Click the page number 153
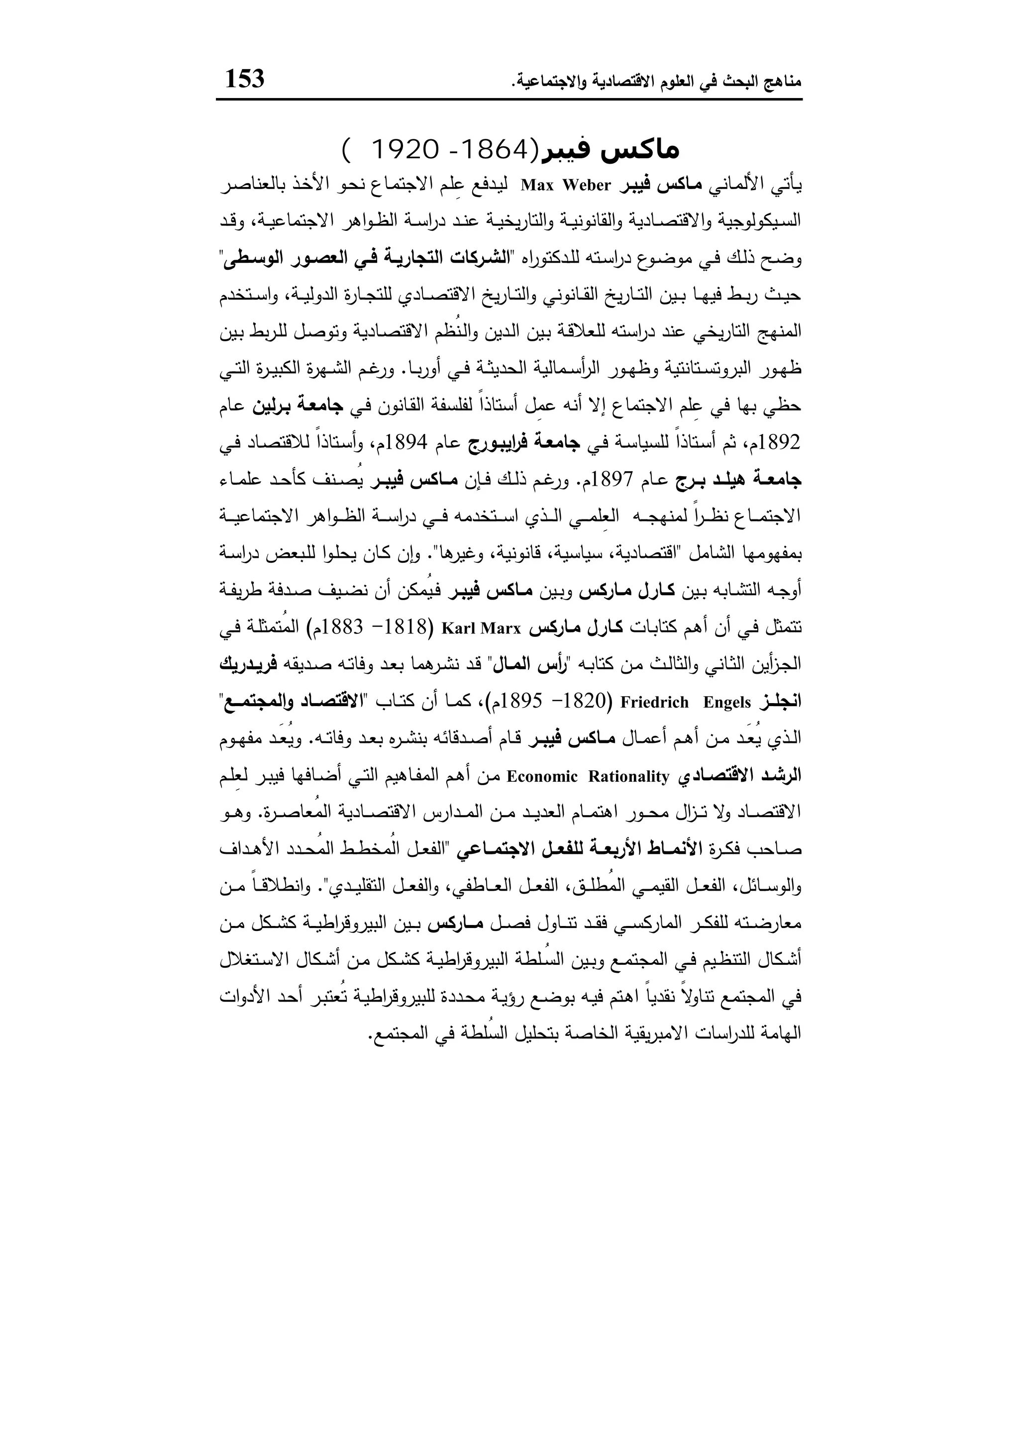tap(245, 80)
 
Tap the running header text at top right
tap(656, 82)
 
